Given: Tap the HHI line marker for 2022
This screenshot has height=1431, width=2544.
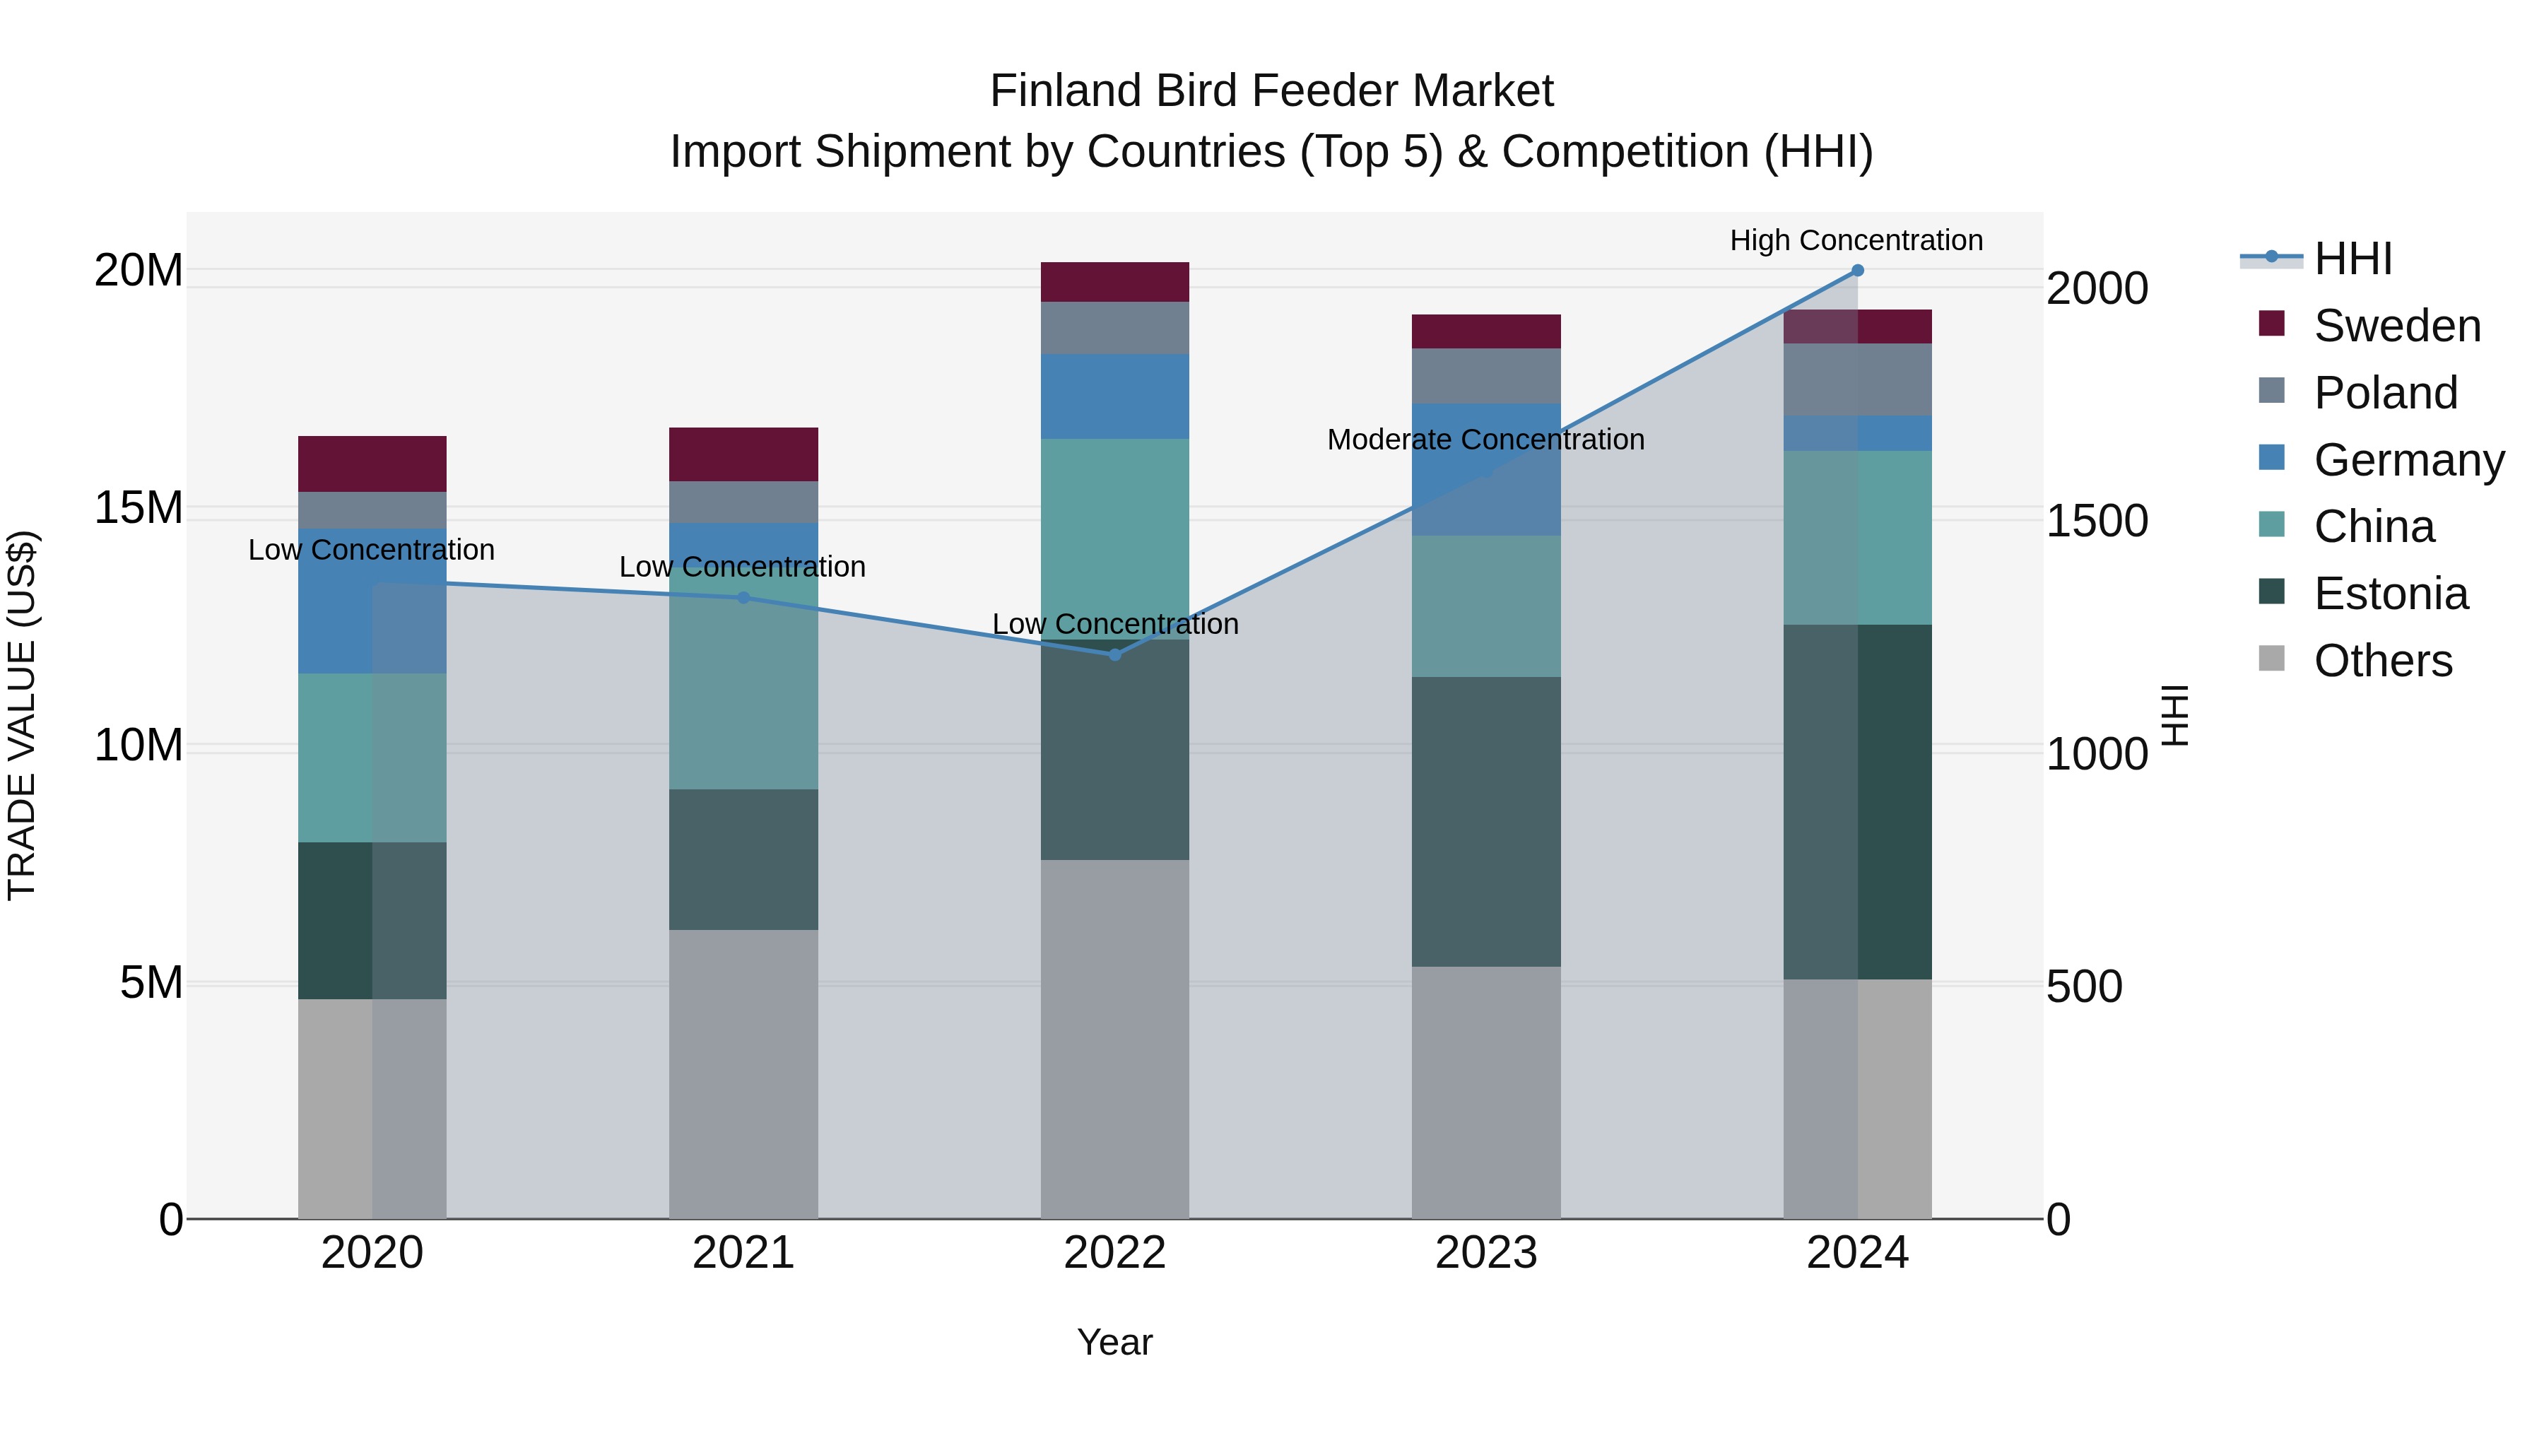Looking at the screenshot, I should pyautogui.click(x=1115, y=655).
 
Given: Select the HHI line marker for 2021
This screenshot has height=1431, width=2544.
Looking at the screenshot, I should pyautogui.click(x=743, y=597).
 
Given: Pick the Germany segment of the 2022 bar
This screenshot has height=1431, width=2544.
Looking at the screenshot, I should pyautogui.click(x=1115, y=396).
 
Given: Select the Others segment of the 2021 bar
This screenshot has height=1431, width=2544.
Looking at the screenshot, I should pyautogui.click(x=743, y=1073).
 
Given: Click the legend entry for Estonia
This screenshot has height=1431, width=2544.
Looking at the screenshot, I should pyautogui.click(x=2390, y=594).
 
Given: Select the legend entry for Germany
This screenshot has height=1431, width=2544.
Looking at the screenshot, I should pyautogui.click(x=2408, y=460).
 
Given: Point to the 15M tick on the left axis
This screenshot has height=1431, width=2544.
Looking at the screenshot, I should pyautogui.click(x=139, y=507).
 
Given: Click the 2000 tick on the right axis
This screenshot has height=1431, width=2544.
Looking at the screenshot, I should pyautogui.click(x=2096, y=288).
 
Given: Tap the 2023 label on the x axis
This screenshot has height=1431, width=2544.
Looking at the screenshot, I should pyautogui.click(x=1485, y=1253).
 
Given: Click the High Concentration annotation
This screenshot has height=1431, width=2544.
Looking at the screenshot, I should pyautogui.click(x=1856, y=240).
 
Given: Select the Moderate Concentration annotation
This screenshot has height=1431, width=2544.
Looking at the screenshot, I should pyautogui.click(x=1485, y=440).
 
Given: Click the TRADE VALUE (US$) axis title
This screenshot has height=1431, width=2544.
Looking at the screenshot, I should pyautogui.click(x=22, y=715).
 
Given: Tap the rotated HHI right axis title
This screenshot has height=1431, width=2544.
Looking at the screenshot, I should pyautogui.click(x=2174, y=715).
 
